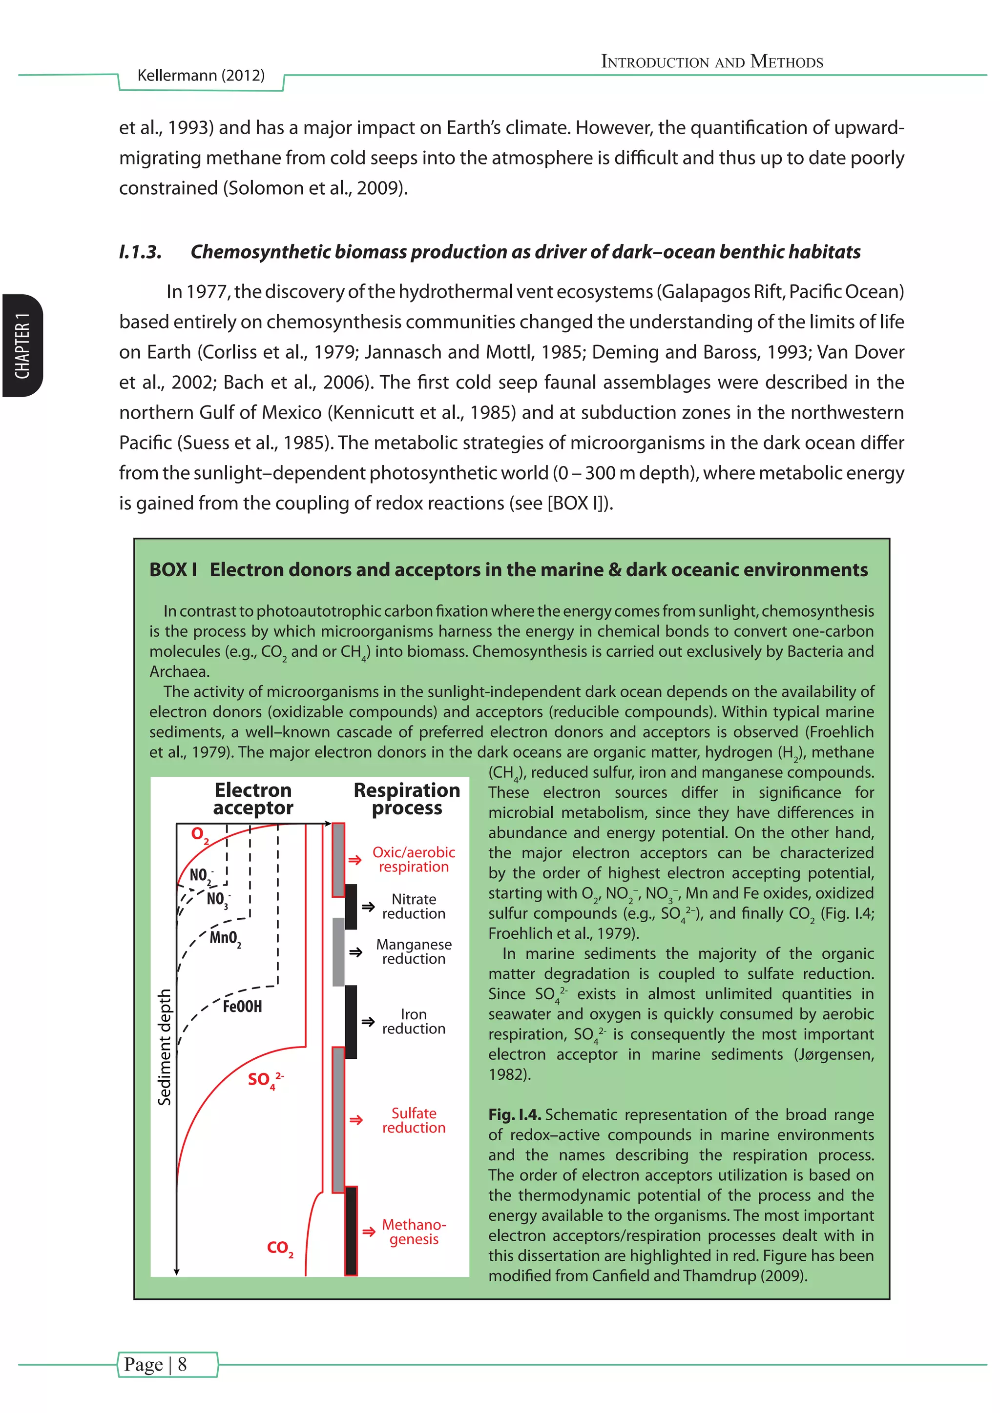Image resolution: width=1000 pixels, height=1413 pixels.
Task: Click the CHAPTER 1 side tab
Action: (x=22, y=346)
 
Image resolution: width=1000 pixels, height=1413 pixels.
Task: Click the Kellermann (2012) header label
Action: (x=201, y=76)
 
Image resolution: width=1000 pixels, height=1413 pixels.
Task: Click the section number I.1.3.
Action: (x=140, y=252)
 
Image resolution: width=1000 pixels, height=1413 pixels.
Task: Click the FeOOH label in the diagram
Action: (x=242, y=1007)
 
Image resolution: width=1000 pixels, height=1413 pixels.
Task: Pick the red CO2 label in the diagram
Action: (x=280, y=1248)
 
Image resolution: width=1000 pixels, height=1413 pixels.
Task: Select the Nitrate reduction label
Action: (x=413, y=907)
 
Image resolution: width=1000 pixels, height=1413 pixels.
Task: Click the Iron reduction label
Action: (x=413, y=1022)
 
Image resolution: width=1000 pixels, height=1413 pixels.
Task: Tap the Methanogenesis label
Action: (x=413, y=1231)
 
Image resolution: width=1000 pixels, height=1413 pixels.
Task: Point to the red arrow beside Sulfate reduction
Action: (x=356, y=1120)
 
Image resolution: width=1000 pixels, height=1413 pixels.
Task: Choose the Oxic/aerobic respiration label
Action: (x=413, y=859)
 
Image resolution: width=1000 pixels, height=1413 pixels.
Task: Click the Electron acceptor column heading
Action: (x=253, y=798)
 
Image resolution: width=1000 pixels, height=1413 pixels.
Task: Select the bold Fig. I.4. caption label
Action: (x=514, y=1114)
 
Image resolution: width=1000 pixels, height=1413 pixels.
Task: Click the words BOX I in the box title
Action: (x=173, y=570)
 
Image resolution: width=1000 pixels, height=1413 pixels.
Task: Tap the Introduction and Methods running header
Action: (x=712, y=61)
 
